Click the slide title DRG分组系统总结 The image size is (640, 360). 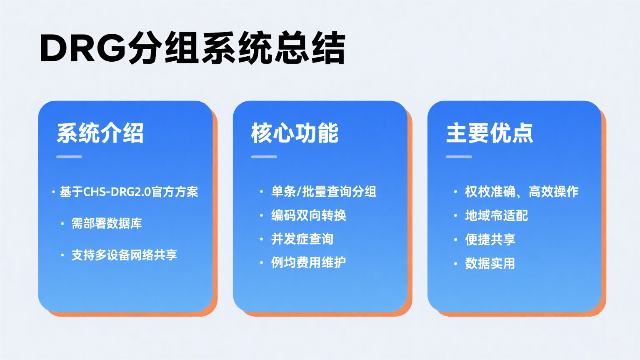pyautogui.click(x=192, y=48)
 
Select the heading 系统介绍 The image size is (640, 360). pyautogui.click(x=100, y=133)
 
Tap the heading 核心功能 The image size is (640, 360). pyautogui.click(x=295, y=133)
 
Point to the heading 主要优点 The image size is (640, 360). pyautogui.click(x=490, y=133)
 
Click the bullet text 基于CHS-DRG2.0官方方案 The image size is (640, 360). pyautogui.click(x=129, y=192)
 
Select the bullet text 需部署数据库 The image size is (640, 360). pyautogui.click(x=107, y=223)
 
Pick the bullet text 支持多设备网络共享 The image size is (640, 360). pyautogui.click(x=124, y=255)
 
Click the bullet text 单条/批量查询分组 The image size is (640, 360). pyautogui.click(x=324, y=192)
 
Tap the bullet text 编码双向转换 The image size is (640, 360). pyautogui.click(x=308, y=215)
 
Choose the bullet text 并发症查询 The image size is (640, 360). pyautogui.click(x=302, y=239)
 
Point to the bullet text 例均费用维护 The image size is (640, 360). pyautogui.click(x=308, y=262)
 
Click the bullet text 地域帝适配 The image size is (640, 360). pyautogui.click(x=496, y=215)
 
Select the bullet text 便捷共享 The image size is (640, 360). pyautogui.click(x=490, y=240)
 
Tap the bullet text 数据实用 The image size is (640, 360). pyautogui.click(x=490, y=263)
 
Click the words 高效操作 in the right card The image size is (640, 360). pyautogui.click(x=553, y=192)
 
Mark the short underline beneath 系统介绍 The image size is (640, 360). pyautogui.click(x=69, y=157)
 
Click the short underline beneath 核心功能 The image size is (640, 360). pyautogui.click(x=264, y=157)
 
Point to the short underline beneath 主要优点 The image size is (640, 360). pyautogui.click(x=459, y=157)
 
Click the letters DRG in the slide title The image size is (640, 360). pyautogui.click(x=82, y=48)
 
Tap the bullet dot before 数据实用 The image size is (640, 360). pyautogui.click(x=455, y=264)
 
